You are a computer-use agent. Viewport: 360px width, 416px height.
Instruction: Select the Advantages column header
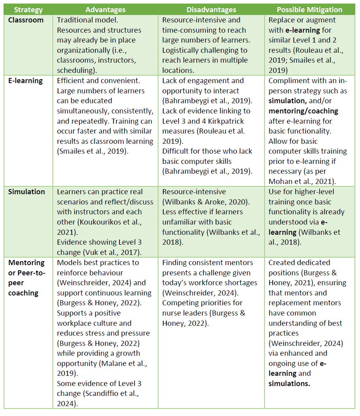pyautogui.click(x=105, y=9)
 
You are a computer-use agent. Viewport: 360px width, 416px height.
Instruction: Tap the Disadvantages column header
pyautogui.click(x=211, y=9)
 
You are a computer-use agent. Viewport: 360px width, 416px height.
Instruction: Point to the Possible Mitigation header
pyautogui.click(x=310, y=9)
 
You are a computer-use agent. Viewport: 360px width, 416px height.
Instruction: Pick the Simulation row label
pyautogui.click(x=26, y=192)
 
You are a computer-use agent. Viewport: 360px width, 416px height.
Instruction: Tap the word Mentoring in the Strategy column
pyautogui.click(x=26, y=263)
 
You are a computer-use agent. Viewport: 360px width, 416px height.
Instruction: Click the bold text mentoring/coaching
pyautogui.click(x=303, y=111)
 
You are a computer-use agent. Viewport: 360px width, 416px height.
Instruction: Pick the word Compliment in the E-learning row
pyautogui.click(x=288, y=80)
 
